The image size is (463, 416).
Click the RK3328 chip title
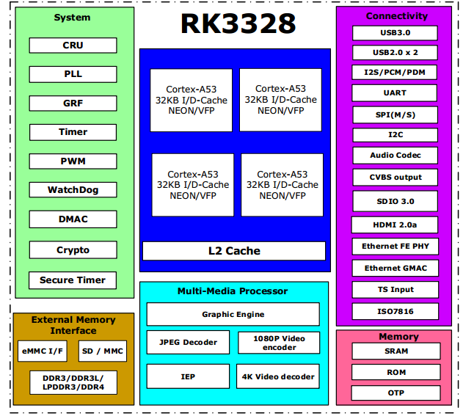coord(238,23)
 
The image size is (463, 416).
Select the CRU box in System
coord(73,45)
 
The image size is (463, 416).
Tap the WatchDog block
coord(73,190)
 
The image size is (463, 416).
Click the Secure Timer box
coord(73,280)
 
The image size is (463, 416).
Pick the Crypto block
coord(73,250)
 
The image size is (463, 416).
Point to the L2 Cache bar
coord(234,251)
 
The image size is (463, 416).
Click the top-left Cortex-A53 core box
coord(192,100)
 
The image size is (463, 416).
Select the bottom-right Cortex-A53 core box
coord(282,185)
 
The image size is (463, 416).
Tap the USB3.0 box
coord(394,33)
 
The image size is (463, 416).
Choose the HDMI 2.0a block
coord(394,225)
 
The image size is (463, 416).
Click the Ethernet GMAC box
coord(395,268)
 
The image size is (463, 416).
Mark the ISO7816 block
coord(394,311)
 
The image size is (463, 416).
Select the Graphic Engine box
coord(233,314)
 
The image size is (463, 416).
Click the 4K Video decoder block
coord(278,376)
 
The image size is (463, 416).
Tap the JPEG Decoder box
coord(188,342)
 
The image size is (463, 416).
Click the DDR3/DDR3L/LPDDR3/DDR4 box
coord(73,382)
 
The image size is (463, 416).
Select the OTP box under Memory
coord(396,393)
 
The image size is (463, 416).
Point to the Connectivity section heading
coord(397,16)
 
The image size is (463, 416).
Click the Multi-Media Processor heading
coord(233,291)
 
